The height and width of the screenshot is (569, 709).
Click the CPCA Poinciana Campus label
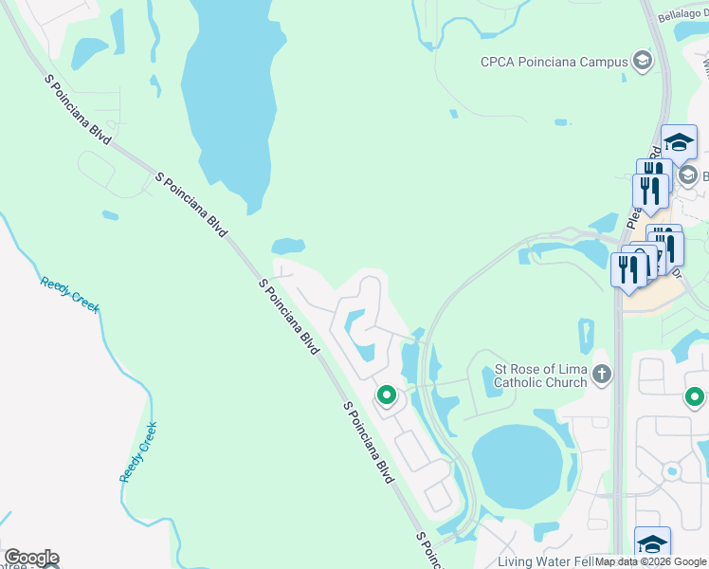[x=555, y=63]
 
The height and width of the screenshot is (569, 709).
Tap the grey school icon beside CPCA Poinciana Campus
[x=642, y=63]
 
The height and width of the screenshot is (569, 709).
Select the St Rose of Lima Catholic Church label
[x=541, y=376]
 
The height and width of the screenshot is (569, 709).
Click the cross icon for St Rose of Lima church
[x=601, y=375]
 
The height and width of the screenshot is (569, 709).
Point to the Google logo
[x=31, y=558]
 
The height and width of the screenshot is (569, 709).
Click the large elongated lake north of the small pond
[x=227, y=95]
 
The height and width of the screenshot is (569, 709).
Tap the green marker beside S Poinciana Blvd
[x=386, y=395]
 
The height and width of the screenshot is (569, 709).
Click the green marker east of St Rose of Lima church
[x=695, y=397]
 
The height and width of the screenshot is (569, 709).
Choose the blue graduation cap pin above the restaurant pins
[x=679, y=143]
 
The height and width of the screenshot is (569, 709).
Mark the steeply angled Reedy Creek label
[x=138, y=451]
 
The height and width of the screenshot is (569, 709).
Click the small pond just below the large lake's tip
[x=288, y=246]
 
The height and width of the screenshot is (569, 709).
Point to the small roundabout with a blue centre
[x=672, y=469]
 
